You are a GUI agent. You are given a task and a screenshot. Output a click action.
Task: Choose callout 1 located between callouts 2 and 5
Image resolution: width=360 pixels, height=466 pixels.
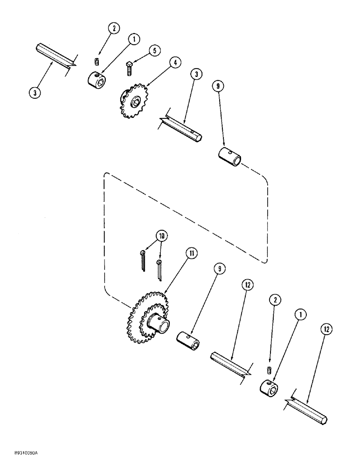pyautogui.click(x=133, y=40)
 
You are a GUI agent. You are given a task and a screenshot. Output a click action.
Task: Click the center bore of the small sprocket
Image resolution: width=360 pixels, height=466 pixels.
pyautogui.click(x=135, y=101)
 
